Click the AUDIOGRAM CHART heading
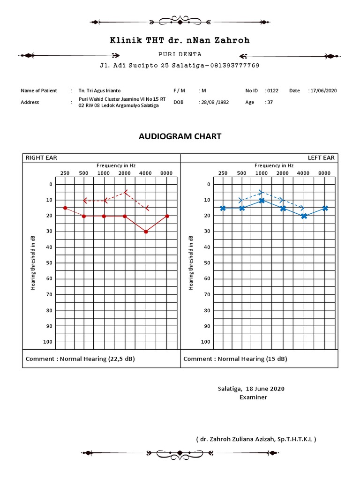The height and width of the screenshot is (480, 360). click(x=180, y=136)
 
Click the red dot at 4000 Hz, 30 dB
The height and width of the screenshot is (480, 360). click(x=146, y=232)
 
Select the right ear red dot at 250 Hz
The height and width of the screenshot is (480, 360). click(x=65, y=208)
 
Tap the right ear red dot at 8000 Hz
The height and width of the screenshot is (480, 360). click(x=167, y=216)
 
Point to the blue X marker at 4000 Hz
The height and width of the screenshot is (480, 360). click(x=304, y=216)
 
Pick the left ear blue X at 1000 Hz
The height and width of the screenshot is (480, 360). click(x=262, y=200)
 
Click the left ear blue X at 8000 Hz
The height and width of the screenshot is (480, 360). click(x=325, y=208)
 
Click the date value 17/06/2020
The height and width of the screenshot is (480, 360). click(x=324, y=90)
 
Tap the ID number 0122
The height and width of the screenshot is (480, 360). click(x=272, y=90)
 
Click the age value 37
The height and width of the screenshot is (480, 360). click(x=270, y=102)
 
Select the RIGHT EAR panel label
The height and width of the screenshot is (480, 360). click(x=41, y=158)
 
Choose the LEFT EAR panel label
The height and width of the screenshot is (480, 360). click(x=321, y=158)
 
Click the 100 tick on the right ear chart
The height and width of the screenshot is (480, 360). click(x=48, y=342)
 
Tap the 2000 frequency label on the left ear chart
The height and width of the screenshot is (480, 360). click(x=282, y=173)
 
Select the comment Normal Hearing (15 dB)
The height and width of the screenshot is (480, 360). click(x=235, y=359)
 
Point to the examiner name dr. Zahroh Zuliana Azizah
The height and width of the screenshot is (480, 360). click(x=256, y=439)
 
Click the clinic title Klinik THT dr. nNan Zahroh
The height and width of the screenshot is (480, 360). click(x=180, y=41)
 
